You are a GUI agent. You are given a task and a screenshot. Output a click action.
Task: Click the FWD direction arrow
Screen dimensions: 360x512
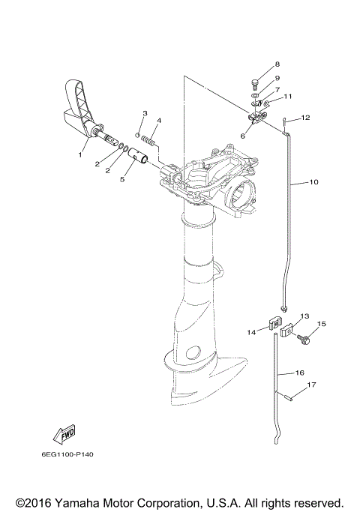[64, 435]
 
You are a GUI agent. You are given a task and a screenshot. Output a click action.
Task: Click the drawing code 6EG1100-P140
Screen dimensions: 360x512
[67, 454]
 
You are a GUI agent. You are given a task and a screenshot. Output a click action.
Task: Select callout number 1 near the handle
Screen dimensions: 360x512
[80, 154]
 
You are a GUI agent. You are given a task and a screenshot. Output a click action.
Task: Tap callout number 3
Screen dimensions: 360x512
[145, 113]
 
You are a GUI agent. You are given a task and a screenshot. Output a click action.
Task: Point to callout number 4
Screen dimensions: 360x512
[159, 121]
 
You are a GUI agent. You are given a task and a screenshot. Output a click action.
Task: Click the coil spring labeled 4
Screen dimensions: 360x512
[149, 142]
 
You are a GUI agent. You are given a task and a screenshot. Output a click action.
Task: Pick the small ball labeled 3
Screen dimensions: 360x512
[138, 134]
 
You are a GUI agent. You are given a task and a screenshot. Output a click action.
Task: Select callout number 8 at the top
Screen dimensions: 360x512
[277, 64]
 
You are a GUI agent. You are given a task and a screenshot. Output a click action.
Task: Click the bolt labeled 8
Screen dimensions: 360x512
[255, 84]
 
